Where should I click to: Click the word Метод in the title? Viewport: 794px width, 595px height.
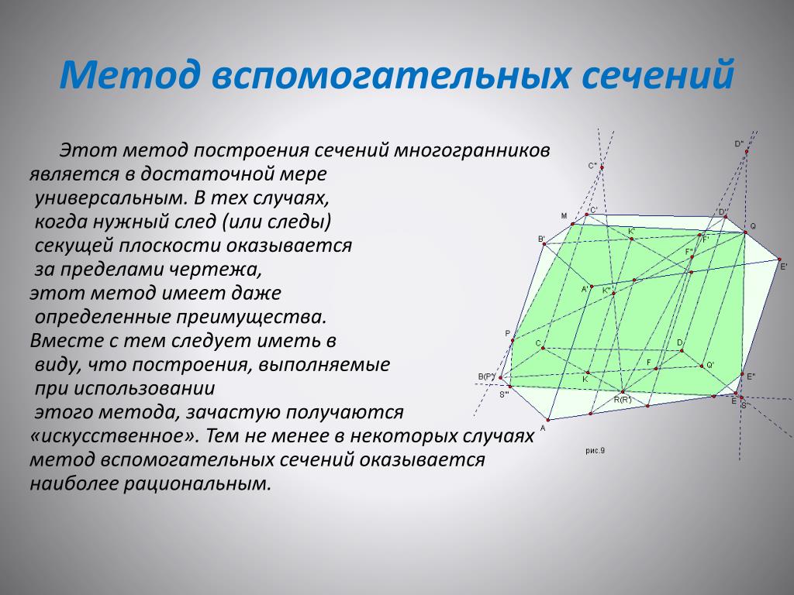tap(129, 74)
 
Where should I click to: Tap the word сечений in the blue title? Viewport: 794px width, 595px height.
tap(658, 74)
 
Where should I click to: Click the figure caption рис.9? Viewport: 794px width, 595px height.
tap(595, 450)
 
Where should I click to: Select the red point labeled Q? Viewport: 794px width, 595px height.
tap(745, 232)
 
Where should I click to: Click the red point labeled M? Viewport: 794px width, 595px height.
tap(573, 224)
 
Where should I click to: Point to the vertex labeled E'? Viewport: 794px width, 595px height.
tap(779, 260)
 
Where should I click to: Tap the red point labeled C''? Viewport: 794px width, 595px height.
tap(602, 167)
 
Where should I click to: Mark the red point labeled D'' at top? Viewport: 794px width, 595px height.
tap(747, 151)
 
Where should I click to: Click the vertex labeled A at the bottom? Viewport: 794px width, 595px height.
tap(548, 419)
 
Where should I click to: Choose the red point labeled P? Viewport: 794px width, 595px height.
tap(513, 341)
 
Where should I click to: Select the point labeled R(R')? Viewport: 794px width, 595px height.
tap(623, 391)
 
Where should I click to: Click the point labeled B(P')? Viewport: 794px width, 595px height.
tap(500, 377)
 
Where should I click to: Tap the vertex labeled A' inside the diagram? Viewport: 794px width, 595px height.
tap(592, 287)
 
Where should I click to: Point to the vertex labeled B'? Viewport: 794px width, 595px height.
tap(544, 244)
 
